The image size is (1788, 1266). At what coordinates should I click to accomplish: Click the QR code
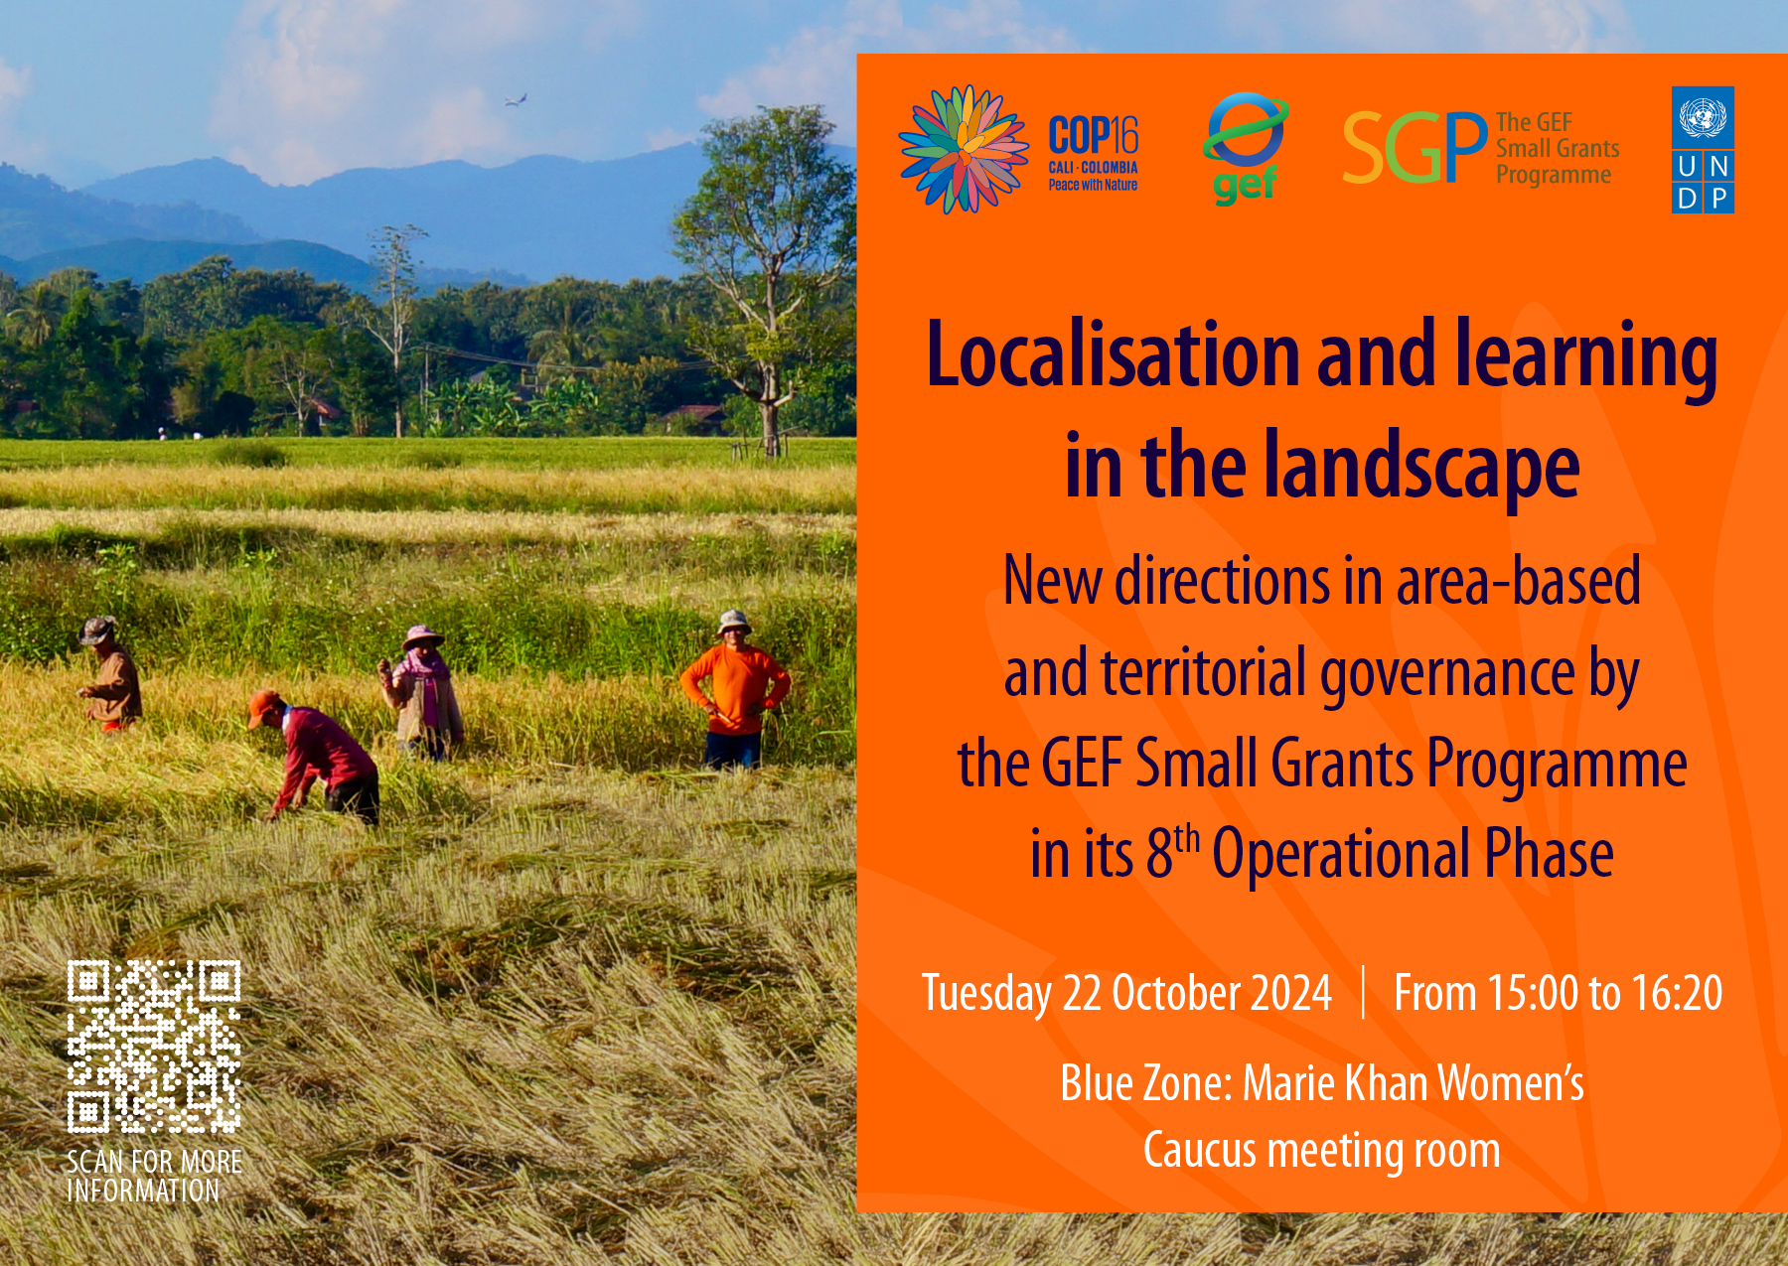pos(154,1047)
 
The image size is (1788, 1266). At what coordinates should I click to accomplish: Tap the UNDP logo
pos(1703,150)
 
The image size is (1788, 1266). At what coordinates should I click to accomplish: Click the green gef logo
pos(1246,149)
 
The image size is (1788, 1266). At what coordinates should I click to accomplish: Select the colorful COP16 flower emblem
pos(964,149)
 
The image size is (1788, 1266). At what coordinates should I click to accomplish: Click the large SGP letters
pos(1415,148)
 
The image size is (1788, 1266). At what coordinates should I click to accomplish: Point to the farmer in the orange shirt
pos(735,690)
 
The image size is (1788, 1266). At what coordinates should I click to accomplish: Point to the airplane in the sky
pos(516,99)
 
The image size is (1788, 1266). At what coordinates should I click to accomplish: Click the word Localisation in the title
pos(1113,354)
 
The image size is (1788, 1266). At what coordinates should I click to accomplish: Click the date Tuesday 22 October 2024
pos(1126,993)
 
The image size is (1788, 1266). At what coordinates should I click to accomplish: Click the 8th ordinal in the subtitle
pos(1172,852)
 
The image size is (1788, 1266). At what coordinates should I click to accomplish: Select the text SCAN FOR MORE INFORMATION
pos(154,1177)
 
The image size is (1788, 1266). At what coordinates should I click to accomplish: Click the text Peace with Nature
pos(1093,185)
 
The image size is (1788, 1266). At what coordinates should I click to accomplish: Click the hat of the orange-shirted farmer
pos(734,621)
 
